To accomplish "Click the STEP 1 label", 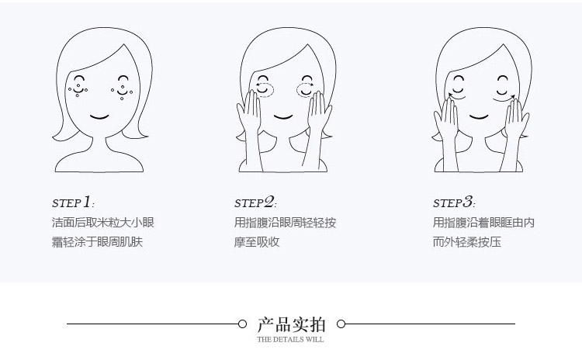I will [72, 202].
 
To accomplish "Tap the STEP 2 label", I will [255, 202].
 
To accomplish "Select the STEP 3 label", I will [453, 202].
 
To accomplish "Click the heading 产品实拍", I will [291, 324].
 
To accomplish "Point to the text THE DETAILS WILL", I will [291, 339].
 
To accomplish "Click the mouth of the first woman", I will [100, 117].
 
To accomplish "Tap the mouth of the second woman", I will [284, 116].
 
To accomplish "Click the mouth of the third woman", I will [480, 117].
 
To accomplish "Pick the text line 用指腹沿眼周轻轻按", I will [285, 223].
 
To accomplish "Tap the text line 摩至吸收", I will [257, 242].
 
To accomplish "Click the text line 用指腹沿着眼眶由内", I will [483, 223].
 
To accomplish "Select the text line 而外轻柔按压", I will [467, 242].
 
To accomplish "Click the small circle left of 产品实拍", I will [241, 324].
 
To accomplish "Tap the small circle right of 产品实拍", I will [341, 324].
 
